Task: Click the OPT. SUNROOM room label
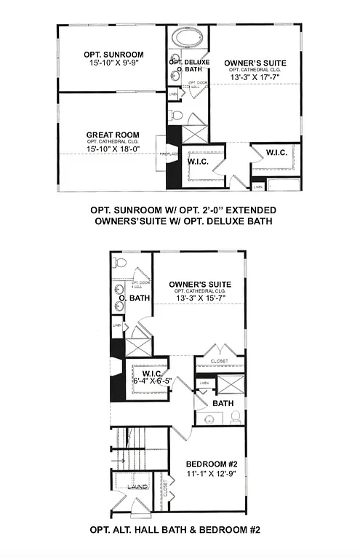tap(113, 55)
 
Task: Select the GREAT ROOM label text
tap(113, 135)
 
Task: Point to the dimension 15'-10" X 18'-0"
tap(113, 149)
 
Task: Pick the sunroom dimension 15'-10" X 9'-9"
tap(113, 64)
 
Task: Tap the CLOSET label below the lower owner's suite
tap(220, 362)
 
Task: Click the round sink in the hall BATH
tap(209, 419)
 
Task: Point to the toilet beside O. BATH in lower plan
tap(121, 262)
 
